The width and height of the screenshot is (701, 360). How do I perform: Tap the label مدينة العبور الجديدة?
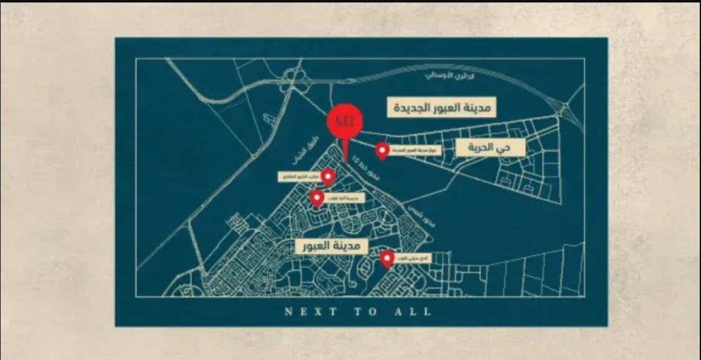(442, 107)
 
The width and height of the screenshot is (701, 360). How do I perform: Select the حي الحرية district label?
(490, 147)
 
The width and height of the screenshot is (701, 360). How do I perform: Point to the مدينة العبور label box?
(328, 245)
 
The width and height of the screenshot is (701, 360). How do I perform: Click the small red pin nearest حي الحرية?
(382, 150)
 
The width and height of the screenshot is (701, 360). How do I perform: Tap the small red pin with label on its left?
(328, 176)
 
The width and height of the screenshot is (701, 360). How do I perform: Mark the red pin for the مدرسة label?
(317, 198)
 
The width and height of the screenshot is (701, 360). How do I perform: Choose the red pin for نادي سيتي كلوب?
(387, 258)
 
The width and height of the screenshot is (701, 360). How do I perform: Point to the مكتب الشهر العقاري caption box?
(299, 177)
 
